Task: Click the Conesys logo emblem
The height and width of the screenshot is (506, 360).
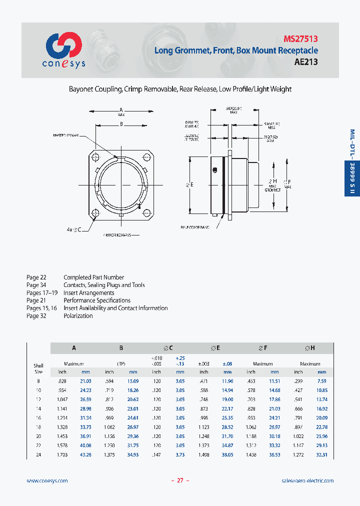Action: tap(63, 46)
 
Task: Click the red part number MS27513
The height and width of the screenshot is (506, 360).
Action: tap(300, 38)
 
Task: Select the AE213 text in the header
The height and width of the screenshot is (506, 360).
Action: tap(305, 62)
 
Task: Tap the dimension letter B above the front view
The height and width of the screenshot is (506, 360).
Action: tap(121, 125)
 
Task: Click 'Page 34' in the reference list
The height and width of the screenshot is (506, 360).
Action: tap(36, 285)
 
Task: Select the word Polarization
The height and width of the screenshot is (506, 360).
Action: tap(78, 316)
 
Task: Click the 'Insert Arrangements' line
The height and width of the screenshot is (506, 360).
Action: tap(89, 293)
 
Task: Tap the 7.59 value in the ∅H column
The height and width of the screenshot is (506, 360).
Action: tap(322, 381)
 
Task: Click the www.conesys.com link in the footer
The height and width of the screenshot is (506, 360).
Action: tap(47, 480)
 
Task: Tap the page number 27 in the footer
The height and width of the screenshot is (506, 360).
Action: tap(180, 480)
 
